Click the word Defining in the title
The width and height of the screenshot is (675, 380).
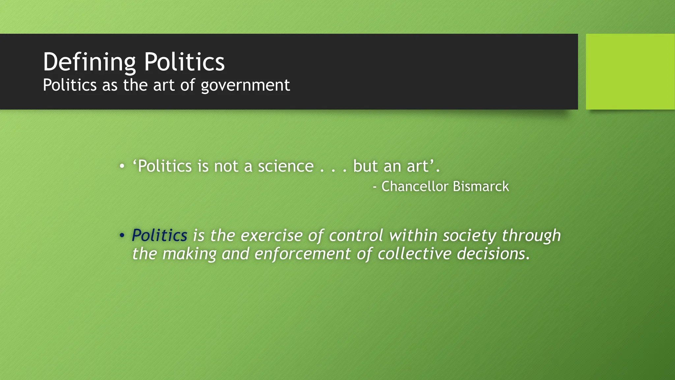tap(89, 62)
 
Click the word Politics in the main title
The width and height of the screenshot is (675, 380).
tap(184, 62)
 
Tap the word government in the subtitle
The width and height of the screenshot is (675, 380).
tap(245, 85)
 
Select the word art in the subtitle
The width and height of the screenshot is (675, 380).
tap(164, 85)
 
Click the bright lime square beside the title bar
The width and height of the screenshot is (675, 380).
tap(630, 72)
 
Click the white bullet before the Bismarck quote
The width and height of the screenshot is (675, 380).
tap(122, 166)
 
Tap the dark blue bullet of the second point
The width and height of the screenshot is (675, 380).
tap(122, 236)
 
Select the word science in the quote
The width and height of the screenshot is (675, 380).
tap(285, 166)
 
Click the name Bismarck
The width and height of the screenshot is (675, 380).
tap(481, 186)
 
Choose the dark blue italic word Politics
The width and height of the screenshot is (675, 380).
tap(160, 236)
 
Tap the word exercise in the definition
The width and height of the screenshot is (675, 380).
tap(271, 236)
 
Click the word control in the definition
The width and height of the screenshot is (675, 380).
tap(356, 236)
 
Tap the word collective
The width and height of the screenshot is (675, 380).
tap(414, 254)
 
